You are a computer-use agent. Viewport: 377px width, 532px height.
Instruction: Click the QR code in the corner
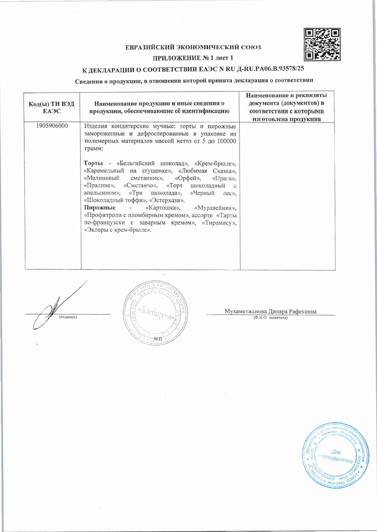tap(322, 44)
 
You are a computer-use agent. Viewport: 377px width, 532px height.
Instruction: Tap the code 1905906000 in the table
tap(52, 126)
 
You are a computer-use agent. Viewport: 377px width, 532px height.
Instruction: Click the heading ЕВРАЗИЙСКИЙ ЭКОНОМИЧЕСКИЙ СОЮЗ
tap(193, 47)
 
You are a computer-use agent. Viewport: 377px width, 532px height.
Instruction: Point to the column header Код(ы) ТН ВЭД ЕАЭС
tap(52, 107)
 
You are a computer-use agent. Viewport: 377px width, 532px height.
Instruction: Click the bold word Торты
tap(93, 163)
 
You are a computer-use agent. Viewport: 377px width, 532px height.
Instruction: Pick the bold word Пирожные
tap(100, 208)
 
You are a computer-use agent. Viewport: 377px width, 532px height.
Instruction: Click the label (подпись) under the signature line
tap(68, 317)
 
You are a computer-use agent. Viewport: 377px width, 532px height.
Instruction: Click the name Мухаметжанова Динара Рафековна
tap(270, 311)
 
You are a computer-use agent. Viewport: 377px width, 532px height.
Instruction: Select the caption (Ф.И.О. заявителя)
tap(270, 318)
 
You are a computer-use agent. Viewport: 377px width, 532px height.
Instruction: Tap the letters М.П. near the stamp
tap(158, 339)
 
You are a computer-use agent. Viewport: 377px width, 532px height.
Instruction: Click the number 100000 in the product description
tap(227, 141)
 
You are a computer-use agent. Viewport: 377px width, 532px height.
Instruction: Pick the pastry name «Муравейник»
tap(215, 208)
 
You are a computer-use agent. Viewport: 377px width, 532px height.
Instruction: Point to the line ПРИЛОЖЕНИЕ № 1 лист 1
tap(193, 58)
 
